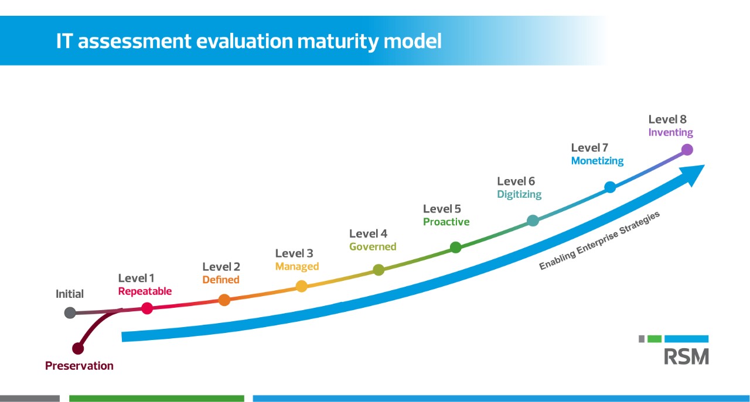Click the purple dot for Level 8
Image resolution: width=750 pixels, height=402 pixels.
click(687, 150)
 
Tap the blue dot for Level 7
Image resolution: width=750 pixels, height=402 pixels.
click(610, 187)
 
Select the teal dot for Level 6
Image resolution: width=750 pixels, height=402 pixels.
click(533, 221)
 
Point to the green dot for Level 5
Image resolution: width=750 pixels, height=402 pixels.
click(455, 248)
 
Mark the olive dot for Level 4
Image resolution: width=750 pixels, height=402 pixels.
click(379, 270)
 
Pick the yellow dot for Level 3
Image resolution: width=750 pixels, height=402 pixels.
click(301, 286)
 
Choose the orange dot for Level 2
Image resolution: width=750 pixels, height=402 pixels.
click(224, 300)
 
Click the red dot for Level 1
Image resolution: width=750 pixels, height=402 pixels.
click(147, 308)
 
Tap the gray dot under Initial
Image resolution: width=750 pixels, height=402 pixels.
click(70, 312)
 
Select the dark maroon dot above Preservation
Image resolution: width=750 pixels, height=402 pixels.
click(78, 348)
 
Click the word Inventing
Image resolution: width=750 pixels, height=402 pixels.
click(670, 133)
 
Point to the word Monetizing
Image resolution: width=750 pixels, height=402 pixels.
click(597, 161)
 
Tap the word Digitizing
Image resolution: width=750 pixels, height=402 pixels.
click(519, 194)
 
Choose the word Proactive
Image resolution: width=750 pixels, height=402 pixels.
click(446, 222)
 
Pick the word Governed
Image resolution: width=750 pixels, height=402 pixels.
click(373, 247)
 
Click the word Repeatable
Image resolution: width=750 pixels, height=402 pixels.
click(145, 291)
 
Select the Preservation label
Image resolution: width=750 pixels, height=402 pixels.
click(79, 366)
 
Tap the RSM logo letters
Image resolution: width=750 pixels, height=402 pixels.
click(686, 356)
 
